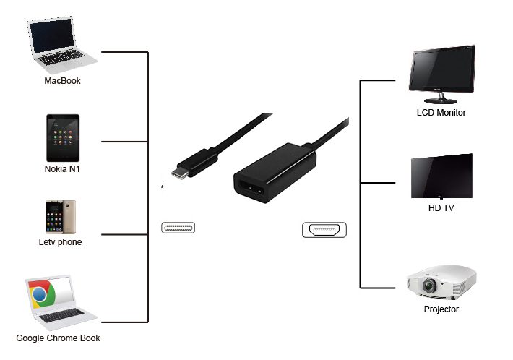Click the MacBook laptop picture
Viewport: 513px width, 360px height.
[x=61, y=43]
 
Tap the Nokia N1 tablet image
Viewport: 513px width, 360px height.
[x=62, y=138]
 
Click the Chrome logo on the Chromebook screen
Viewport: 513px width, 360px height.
[x=43, y=294]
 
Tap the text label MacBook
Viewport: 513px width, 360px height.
[x=62, y=81]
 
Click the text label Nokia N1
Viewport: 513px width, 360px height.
[x=62, y=170]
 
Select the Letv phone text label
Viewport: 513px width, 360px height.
[x=60, y=242]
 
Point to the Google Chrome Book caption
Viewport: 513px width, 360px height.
[x=58, y=338]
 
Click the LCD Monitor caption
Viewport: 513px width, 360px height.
[x=441, y=113]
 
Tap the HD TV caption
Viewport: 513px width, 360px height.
[x=441, y=209]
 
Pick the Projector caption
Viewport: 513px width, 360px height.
[x=441, y=309]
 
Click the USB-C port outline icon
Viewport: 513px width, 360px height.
[x=178, y=229]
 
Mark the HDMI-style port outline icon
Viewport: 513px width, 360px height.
[x=324, y=231]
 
